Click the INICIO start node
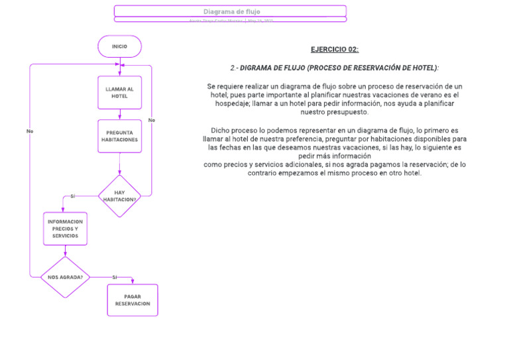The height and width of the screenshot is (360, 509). tap(119, 46)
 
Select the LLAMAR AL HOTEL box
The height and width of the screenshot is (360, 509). tap(119, 92)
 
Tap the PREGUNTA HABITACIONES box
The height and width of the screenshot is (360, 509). tap(119, 136)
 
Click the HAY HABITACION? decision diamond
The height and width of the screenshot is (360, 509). tap(119, 196)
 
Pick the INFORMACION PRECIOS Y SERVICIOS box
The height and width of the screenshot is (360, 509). tap(65, 229)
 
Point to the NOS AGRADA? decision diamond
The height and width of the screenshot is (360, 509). tap(65, 277)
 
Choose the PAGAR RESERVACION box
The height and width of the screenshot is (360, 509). tap(133, 300)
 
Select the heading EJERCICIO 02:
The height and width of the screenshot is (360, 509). tap(334, 50)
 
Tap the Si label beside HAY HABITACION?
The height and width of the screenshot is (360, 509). tap(73, 196)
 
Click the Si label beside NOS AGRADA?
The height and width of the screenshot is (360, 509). tap(114, 277)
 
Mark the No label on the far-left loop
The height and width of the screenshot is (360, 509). tap(30, 131)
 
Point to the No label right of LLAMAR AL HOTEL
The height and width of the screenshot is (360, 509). tap(152, 120)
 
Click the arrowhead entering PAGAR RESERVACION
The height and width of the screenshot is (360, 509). tap(133, 282)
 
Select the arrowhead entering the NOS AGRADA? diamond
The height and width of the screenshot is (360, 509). tap(65, 254)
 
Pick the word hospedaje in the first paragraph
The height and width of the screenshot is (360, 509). tap(233, 103)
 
